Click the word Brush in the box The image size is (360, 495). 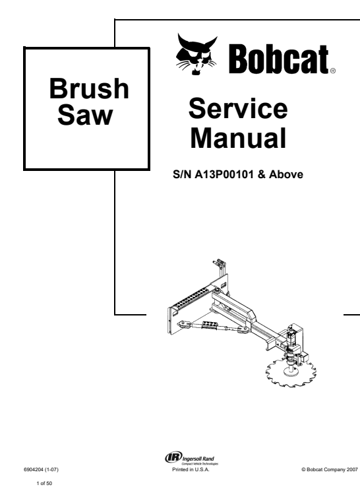pyautogui.click(x=89, y=88)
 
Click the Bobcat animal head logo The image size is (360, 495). pyautogui.click(x=196, y=54)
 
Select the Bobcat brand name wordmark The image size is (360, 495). pyautogui.click(x=279, y=59)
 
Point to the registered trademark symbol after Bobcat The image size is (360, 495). pyautogui.click(x=333, y=71)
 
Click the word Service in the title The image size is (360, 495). pyautogui.click(x=238, y=108)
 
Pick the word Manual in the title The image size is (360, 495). pyautogui.click(x=238, y=138)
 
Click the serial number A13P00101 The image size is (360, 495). pyautogui.click(x=224, y=174)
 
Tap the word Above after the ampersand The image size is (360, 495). pyautogui.click(x=286, y=174)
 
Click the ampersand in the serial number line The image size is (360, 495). pyautogui.click(x=261, y=174)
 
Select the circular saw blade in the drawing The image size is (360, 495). pyautogui.click(x=291, y=372)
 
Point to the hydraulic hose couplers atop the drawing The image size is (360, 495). pyautogui.click(x=220, y=263)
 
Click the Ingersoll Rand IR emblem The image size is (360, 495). pyautogui.click(x=173, y=457)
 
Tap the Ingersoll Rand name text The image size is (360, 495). pyautogui.click(x=198, y=459)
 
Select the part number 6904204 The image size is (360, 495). pyautogui.click(x=34, y=469)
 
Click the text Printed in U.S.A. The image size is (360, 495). pyautogui.click(x=191, y=469)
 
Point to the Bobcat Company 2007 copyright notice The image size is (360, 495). pyautogui.click(x=330, y=469)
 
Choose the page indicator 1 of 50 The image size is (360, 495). pyautogui.click(x=44, y=483)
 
